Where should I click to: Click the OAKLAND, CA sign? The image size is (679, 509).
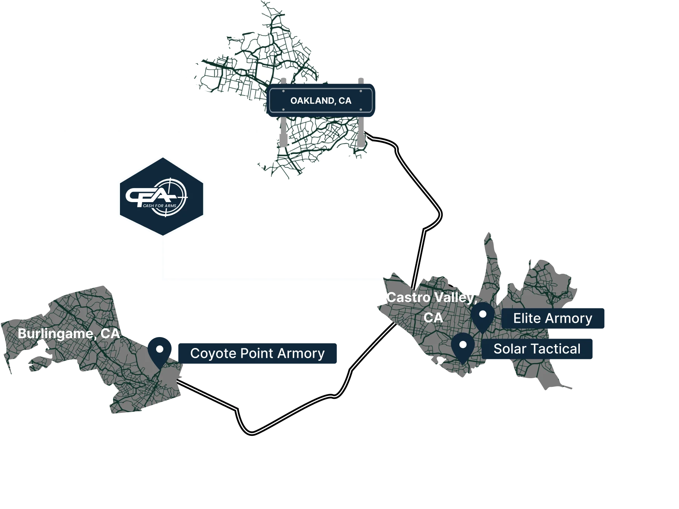[321, 101]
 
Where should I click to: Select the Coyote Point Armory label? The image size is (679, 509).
[257, 353]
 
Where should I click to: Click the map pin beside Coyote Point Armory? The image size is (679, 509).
[160, 351]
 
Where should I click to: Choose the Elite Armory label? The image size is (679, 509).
[553, 318]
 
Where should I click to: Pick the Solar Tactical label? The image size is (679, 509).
[537, 349]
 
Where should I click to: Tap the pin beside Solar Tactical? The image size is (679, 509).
[463, 346]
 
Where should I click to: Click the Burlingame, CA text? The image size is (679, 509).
[69, 334]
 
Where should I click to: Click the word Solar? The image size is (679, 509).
[507, 349]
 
